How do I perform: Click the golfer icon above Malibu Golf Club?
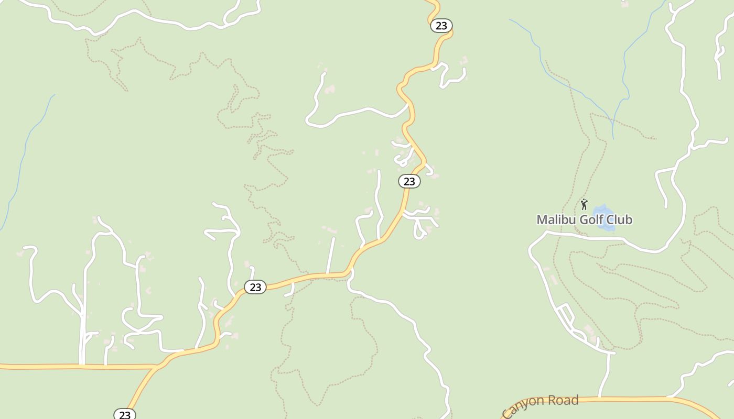point(584,204)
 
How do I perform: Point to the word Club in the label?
point(620,220)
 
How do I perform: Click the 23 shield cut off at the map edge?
point(125,414)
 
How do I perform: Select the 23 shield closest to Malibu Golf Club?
point(409,181)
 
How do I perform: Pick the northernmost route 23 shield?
point(441,26)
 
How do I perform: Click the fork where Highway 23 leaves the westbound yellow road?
point(156,367)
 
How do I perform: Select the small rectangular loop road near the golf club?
point(566,316)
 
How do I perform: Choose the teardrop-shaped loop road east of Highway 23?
point(419,229)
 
